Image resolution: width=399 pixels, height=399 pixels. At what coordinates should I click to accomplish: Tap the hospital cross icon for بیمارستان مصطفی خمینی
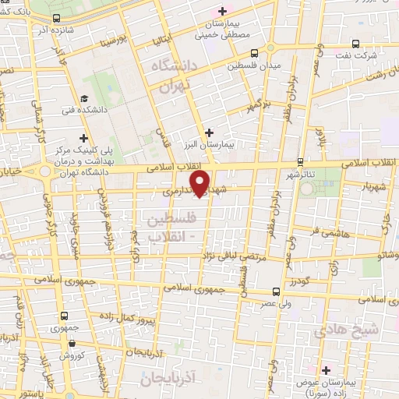coord(223,11)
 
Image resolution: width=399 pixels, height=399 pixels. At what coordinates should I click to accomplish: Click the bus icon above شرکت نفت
coord(355,44)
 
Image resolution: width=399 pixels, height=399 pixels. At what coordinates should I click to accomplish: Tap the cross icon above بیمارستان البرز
coord(208,132)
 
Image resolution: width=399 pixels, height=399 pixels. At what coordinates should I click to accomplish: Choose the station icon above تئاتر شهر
coord(301,162)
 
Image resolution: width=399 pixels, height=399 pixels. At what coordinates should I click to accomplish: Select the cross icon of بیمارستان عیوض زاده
coord(327,369)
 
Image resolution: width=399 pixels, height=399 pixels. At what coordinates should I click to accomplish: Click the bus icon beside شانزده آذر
coord(56,17)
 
